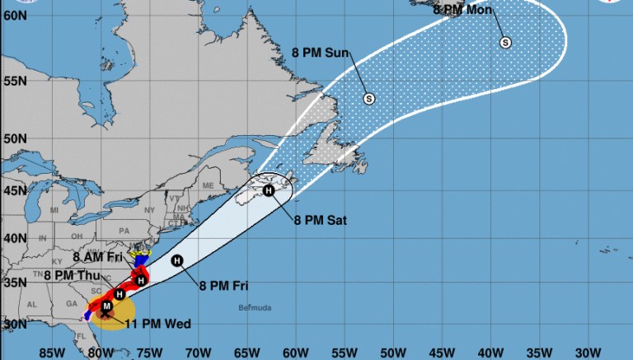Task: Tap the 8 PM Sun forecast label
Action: pos(321,53)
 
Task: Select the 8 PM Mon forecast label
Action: pos(462,10)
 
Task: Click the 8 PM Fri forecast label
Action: pos(223,286)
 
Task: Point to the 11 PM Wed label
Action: pos(157,324)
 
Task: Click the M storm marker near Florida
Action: pos(105,306)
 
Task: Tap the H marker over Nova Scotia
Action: pos(268,190)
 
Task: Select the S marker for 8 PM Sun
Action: pos(368,99)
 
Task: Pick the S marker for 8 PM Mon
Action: pos(504,43)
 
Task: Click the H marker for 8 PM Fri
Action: pos(176,260)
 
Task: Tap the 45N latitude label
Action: pos(13,191)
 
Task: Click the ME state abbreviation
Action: pos(208,185)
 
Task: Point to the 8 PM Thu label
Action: pos(70,275)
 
